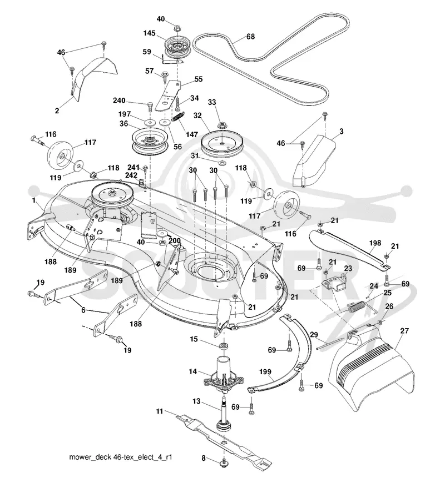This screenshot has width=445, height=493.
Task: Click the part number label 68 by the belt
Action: (x=250, y=37)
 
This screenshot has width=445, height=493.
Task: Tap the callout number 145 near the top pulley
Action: (x=149, y=33)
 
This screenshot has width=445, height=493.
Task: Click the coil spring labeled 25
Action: (x=357, y=306)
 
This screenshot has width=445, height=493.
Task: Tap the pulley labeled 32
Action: (x=222, y=144)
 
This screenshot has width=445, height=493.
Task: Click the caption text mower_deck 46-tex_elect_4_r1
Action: (x=121, y=457)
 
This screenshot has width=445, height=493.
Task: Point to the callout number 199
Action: (x=265, y=371)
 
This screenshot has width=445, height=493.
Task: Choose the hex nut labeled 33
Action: (x=222, y=125)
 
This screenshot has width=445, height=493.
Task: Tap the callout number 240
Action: (x=120, y=100)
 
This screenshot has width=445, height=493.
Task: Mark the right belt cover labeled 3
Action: (x=314, y=160)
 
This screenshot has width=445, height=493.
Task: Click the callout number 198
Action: (x=375, y=243)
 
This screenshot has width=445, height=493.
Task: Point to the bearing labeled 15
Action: (x=224, y=346)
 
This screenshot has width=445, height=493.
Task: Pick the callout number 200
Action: (x=174, y=240)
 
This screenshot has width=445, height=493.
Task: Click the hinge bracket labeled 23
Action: (x=334, y=284)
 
